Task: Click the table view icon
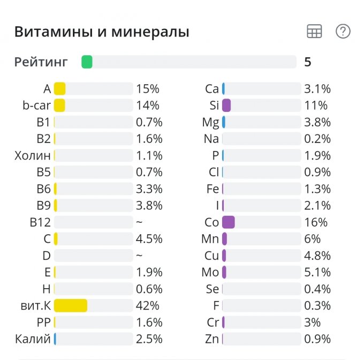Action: coord(314,32)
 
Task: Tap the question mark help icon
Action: coord(343,32)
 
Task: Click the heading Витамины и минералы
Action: coord(102,32)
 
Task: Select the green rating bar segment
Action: coord(87,62)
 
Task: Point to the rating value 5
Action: coord(307,62)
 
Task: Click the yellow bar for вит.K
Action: coord(70,305)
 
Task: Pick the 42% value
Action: coord(148,306)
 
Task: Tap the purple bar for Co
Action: coord(228,222)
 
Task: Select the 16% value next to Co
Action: coord(316,222)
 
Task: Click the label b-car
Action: coord(36,106)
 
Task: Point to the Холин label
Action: coord(33,156)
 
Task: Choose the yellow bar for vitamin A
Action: coord(59,89)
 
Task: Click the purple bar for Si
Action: coord(226,106)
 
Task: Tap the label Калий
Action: coord(33,339)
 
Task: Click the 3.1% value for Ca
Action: coord(317,89)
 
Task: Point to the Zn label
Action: coord(212,339)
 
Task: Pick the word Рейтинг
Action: coord(41,62)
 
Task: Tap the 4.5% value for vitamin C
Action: coord(149,239)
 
